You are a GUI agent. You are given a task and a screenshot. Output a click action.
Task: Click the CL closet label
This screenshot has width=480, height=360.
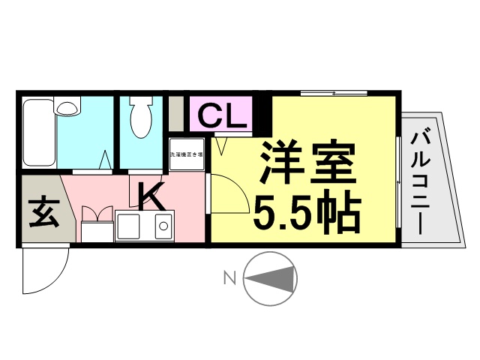[222, 115]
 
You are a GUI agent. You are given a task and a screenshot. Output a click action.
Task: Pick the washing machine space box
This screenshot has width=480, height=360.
[186, 155]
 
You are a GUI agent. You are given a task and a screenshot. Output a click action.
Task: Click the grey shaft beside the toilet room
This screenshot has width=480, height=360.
[175, 114]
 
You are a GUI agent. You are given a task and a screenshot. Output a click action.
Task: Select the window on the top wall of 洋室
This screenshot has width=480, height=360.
[334, 94]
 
